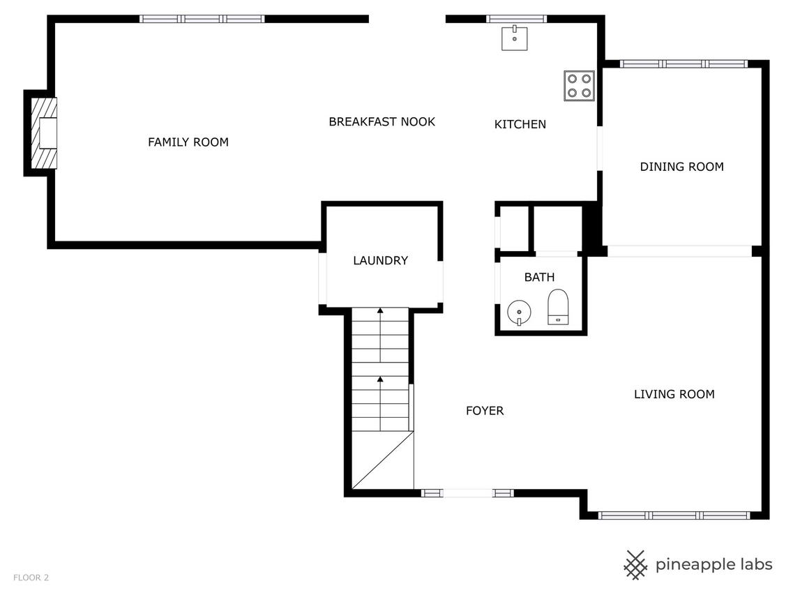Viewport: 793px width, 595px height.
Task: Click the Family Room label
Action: click(x=188, y=142)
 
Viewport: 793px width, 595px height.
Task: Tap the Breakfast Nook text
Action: click(x=382, y=122)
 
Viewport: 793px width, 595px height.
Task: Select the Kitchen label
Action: click(x=520, y=124)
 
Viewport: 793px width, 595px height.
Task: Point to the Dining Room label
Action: click(x=681, y=167)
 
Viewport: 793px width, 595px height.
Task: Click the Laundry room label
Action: click(x=380, y=261)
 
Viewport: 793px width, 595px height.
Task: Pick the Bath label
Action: click(x=539, y=277)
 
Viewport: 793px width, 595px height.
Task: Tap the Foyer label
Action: click(x=485, y=411)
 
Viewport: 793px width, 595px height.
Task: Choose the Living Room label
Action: click(x=674, y=394)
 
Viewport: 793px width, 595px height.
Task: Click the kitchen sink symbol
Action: click(x=514, y=38)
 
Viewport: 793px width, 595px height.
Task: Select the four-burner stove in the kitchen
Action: click(x=579, y=86)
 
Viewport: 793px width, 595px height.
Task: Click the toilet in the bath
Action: click(x=559, y=307)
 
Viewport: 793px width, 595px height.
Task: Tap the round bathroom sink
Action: click(x=519, y=312)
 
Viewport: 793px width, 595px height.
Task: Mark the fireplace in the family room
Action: click(x=44, y=133)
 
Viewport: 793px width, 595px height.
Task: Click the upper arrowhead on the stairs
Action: click(x=380, y=310)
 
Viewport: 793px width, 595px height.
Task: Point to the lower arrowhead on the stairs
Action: click(x=380, y=379)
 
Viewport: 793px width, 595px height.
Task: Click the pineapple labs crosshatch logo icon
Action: click(x=635, y=565)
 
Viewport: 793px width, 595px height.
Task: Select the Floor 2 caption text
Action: click(x=31, y=578)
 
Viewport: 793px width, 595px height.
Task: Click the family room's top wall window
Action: click(x=202, y=20)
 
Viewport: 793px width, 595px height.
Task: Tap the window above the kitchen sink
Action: click(x=516, y=20)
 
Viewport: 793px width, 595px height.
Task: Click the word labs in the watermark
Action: click(x=754, y=564)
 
